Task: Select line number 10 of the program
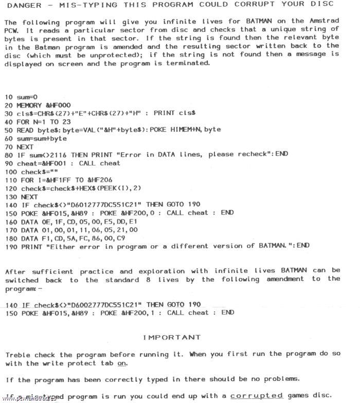[9, 97]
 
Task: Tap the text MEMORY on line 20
[30, 105]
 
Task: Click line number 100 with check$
[11, 171]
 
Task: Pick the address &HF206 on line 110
[94, 179]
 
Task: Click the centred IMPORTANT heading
[171, 338]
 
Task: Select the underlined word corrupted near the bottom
[257, 396]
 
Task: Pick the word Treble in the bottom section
[17, 355]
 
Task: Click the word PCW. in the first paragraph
[12, 29]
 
